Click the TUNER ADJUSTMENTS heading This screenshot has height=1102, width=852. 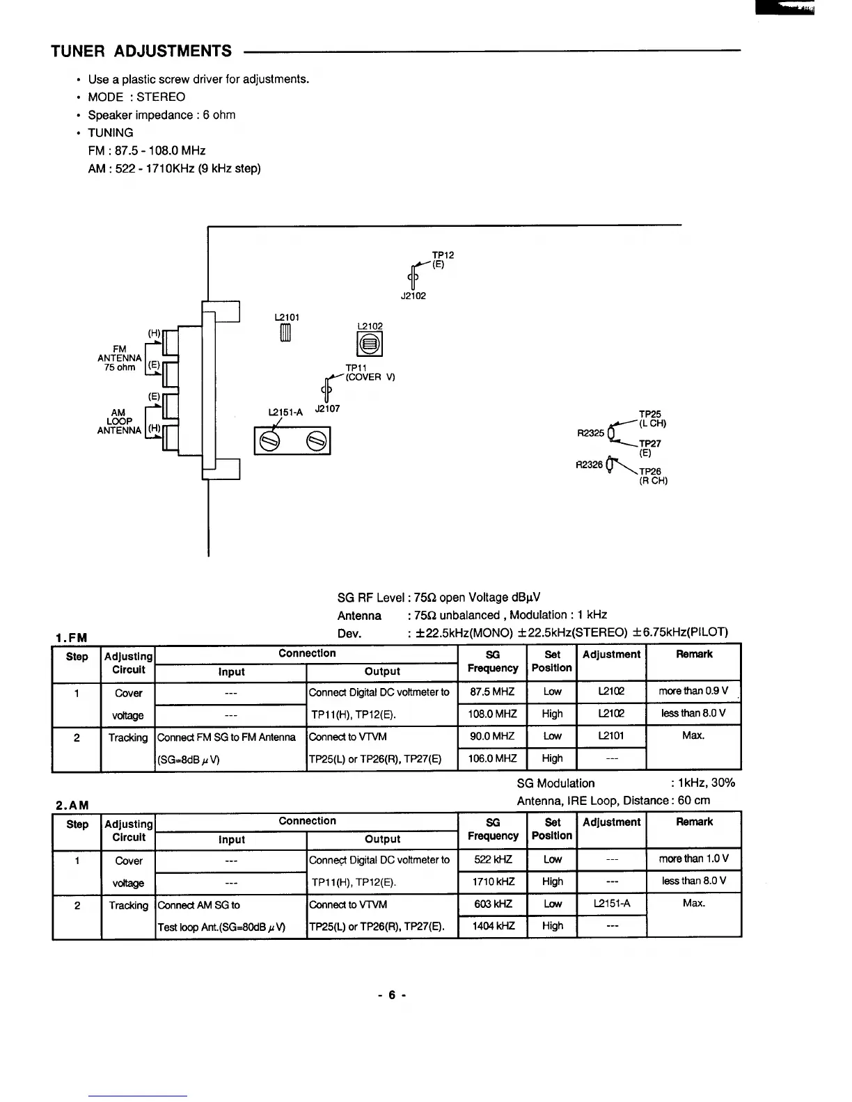(141, 51)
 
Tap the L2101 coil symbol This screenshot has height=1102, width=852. (285, 335)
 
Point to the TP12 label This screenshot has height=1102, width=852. (443, 255)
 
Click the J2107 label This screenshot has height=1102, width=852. (327, 409)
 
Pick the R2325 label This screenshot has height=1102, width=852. (591, 433)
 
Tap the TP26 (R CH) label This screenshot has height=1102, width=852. (652, 476)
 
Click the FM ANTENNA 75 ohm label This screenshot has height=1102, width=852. (120, 358)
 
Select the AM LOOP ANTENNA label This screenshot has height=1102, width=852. (119, 422)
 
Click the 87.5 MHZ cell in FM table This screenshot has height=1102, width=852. (491, 692)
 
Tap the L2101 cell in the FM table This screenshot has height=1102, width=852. (611, 736)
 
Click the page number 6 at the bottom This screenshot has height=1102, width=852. (392, 995)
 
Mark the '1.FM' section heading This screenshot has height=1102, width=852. (71, 637)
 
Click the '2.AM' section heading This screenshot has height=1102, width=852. (72, 805)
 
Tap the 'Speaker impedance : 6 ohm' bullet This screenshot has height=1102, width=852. (161, 115)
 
